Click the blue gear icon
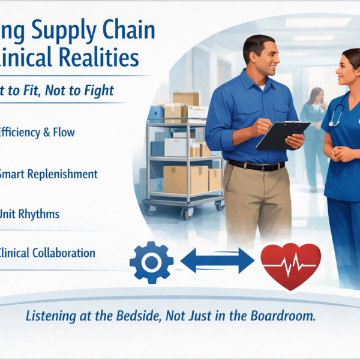(x=151, y=262)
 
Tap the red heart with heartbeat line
(x=290, y=263)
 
